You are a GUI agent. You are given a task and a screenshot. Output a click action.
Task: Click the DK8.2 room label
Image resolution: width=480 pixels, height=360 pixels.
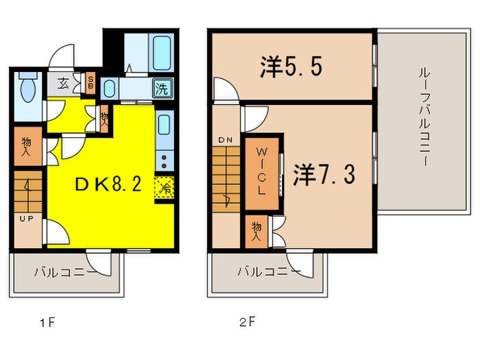108,184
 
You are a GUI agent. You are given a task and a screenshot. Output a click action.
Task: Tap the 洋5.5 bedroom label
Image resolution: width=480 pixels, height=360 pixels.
291,67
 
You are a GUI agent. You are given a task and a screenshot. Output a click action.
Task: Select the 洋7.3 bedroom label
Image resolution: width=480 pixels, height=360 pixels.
324,174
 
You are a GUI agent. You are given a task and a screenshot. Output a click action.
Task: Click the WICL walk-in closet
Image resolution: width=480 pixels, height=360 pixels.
262,173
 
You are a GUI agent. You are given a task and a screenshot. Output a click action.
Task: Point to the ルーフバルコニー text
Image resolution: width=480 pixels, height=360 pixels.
424,118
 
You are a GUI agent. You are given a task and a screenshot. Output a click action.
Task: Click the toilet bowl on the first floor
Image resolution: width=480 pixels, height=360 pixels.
28,88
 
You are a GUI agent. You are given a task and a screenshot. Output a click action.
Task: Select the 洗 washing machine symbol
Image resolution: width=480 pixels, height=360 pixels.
163,88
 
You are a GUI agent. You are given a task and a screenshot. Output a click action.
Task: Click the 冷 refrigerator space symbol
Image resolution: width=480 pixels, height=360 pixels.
164,187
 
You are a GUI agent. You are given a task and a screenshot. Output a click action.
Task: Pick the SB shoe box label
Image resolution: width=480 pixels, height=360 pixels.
91,82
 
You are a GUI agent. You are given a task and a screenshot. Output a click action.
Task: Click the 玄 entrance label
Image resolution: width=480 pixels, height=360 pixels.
63,84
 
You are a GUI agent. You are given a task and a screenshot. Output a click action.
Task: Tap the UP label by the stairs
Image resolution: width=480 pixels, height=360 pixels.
27,219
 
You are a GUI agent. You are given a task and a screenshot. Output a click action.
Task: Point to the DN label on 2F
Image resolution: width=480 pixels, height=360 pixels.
226,141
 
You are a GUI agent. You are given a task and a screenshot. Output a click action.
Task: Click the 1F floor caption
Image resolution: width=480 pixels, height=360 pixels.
47,322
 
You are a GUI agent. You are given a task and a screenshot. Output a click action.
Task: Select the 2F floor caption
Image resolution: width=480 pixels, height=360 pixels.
248,322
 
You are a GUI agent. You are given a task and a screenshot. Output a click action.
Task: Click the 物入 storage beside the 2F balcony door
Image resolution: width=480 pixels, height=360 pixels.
257,232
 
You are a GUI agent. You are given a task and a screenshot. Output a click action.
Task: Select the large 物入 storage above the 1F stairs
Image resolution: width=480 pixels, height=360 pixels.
28,147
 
